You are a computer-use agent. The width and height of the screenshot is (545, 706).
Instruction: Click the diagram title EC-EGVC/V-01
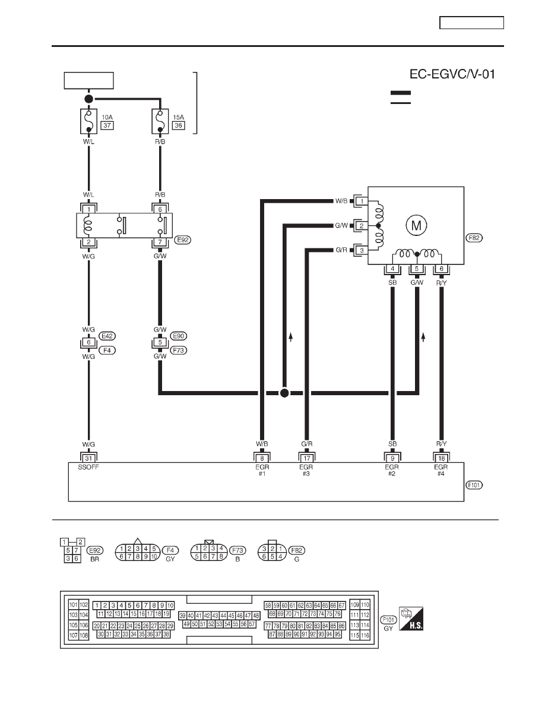coord(452,74)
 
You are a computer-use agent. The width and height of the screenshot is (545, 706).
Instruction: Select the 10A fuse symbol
coord(88,121)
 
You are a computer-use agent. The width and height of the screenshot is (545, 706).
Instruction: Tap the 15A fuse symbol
coord(160,121)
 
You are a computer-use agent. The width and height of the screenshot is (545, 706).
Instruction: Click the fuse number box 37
coord(107,125)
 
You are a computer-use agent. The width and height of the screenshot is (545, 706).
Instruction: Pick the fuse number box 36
coord(179,125)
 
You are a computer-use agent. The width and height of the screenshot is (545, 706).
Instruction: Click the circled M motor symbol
coord(416,225)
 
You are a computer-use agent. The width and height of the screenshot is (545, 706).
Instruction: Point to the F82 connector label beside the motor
coord(474,238)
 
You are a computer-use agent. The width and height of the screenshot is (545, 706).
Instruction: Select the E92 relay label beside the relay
coord(183,240)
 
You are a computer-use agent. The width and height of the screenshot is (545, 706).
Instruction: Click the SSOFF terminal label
coord(88,467)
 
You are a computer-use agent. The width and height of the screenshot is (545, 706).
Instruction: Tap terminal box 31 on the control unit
coord(88,458)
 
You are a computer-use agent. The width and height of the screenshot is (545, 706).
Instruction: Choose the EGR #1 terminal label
coord(262,471)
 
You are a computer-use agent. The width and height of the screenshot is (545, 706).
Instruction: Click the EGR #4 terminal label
coord(441,471)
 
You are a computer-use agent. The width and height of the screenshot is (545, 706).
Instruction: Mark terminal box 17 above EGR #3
coord(307,458)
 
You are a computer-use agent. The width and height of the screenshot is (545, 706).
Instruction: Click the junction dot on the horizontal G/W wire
coord(284,393)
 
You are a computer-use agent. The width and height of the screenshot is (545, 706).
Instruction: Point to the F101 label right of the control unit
coord(474,485)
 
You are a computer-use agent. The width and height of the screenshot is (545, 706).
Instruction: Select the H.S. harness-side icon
coord(411,618)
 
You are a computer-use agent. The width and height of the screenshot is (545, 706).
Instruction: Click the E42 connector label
coord(107,336)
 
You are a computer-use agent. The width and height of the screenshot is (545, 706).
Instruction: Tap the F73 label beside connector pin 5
coord(179,350)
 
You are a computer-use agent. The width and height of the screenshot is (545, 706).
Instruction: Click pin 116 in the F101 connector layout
coord(365,635)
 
